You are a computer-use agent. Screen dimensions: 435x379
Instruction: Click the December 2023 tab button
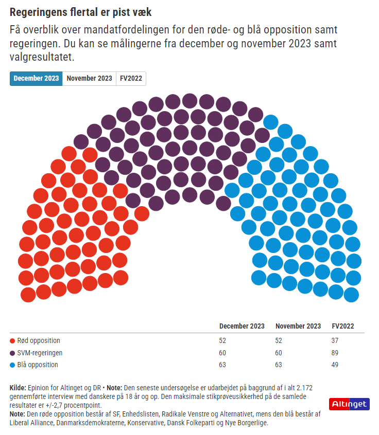(36, 78)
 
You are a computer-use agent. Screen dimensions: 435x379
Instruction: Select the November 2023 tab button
(89, 78)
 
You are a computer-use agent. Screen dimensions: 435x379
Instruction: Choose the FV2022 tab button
(131, 78)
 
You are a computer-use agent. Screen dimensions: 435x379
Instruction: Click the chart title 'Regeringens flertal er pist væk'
(81, 12)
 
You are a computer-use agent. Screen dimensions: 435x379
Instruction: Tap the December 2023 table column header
(242, 326)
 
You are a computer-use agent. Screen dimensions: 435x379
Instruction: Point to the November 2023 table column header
(298, 326)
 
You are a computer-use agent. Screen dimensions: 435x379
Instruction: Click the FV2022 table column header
(342, 326)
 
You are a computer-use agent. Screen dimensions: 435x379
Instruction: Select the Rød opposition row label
(38, 340)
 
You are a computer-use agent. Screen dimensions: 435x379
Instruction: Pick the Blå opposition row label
(38, 365)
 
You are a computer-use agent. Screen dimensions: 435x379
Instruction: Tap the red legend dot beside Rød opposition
(12, 341)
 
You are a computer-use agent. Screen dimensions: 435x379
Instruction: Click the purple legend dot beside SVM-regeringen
(12, 353)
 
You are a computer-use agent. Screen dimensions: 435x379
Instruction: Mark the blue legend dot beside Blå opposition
(12, 365)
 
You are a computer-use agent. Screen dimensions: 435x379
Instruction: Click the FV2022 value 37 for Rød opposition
(336, 340)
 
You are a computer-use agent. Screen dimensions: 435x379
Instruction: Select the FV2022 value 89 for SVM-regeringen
(336, 353)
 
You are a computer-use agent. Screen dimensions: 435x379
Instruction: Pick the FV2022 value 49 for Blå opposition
(336, 365)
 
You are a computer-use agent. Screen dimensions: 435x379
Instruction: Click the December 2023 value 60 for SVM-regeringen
(223, 353)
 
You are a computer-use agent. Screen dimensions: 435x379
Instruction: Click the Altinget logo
(349, 404)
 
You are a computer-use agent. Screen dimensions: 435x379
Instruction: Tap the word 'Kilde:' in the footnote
(19, 387)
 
